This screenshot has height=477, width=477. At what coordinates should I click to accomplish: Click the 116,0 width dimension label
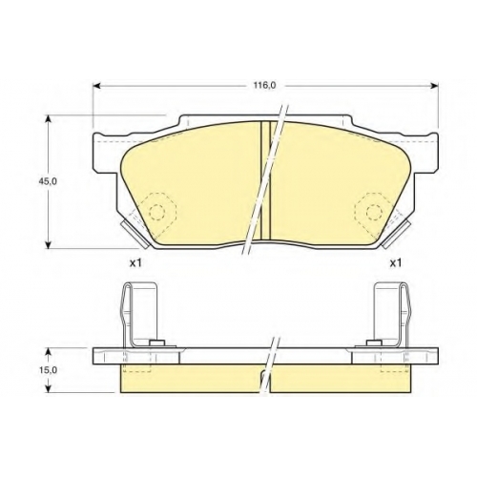click(x=264, y=85)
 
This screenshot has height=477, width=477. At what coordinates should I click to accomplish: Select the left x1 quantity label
click(x=135, y=262)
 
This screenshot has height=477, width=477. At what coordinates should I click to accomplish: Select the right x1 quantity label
click(x=396, y=262)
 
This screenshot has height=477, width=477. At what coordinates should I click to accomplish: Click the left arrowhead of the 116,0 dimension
click(x=96, y=85)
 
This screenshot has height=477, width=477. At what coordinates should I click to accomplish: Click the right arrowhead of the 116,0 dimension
click(x=434, y=85)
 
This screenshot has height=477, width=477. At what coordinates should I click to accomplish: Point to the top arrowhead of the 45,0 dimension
click(x=48, y=118)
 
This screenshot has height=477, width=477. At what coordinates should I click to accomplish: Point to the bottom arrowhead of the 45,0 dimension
click(x=48, y=244)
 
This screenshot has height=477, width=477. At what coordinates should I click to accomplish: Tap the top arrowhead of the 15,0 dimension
click(x=48, y=352)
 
